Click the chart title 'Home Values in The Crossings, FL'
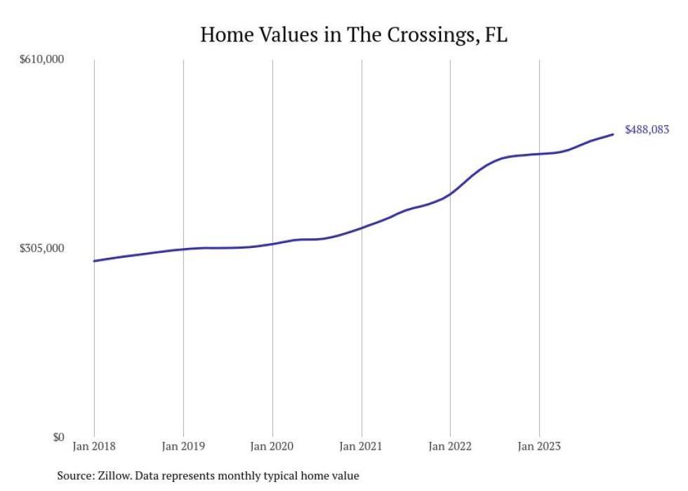pyautogui.click(x=353, y=35)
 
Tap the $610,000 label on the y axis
pyautogui.click(x=41, y=60)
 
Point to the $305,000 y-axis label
pyautogui.click(x=41, y=248)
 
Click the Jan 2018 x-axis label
pyautogui.click(x=94, y=446)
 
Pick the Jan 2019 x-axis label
pyautogui.click(x=183, y=446)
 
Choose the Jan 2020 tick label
pyautogui.click(x=272, y=446)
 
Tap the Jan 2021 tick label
pyautogui.click(x=362, y=446)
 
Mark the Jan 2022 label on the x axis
pyautogui.click(x=450, y=446)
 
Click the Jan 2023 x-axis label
pyautogui.click(x=539, y=446)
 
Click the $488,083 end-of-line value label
pyautogui.click(x=647, y=130)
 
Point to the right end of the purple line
pyautogui.click(x=613, y=134)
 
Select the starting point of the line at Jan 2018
pyautogui.click(x=94, y=261)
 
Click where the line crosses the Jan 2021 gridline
pyautogui.click(x=362, y=228)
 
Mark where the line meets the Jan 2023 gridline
pyautogui.click(x=539, y=154)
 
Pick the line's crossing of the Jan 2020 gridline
pyautogui.click(x=272, y=244)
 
